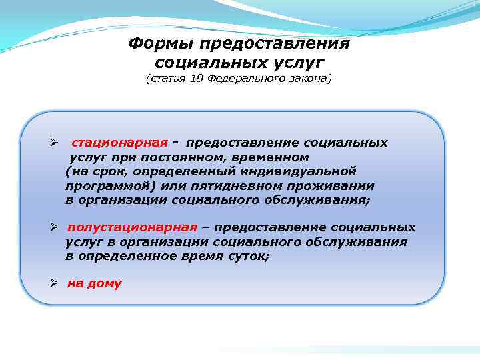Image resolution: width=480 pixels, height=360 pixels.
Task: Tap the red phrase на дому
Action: click(94, 283)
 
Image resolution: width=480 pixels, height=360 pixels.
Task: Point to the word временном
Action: click(273, 157)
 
